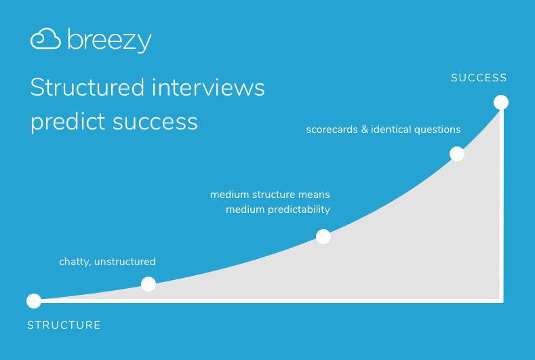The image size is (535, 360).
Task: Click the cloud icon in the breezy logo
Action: [45, 39]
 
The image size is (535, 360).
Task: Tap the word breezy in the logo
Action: [110, 40]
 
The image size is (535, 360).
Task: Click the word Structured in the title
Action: [87, 87]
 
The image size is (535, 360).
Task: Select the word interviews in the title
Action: [208, 87]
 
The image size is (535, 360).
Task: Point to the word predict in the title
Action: [68, 122]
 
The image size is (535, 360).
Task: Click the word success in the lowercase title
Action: [155, 123]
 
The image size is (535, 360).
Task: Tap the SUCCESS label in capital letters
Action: [479, 78]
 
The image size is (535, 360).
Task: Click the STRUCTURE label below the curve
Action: [64, 325]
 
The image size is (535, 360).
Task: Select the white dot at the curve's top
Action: [501, 102]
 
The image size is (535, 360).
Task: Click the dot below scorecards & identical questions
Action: [457, 154]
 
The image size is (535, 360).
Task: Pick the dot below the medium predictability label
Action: [323, 237]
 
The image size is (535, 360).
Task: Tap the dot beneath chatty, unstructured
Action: [148, 284]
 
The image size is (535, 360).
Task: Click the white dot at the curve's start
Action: [34, 300]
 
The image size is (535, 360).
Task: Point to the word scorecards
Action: [332, 129]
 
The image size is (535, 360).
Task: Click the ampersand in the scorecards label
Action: [364, 129]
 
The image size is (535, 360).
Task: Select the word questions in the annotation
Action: [439, 130]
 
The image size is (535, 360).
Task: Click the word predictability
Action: [299, 209]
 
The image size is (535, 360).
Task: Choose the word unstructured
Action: [125, 262]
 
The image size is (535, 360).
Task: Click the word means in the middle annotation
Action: [314, 195]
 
